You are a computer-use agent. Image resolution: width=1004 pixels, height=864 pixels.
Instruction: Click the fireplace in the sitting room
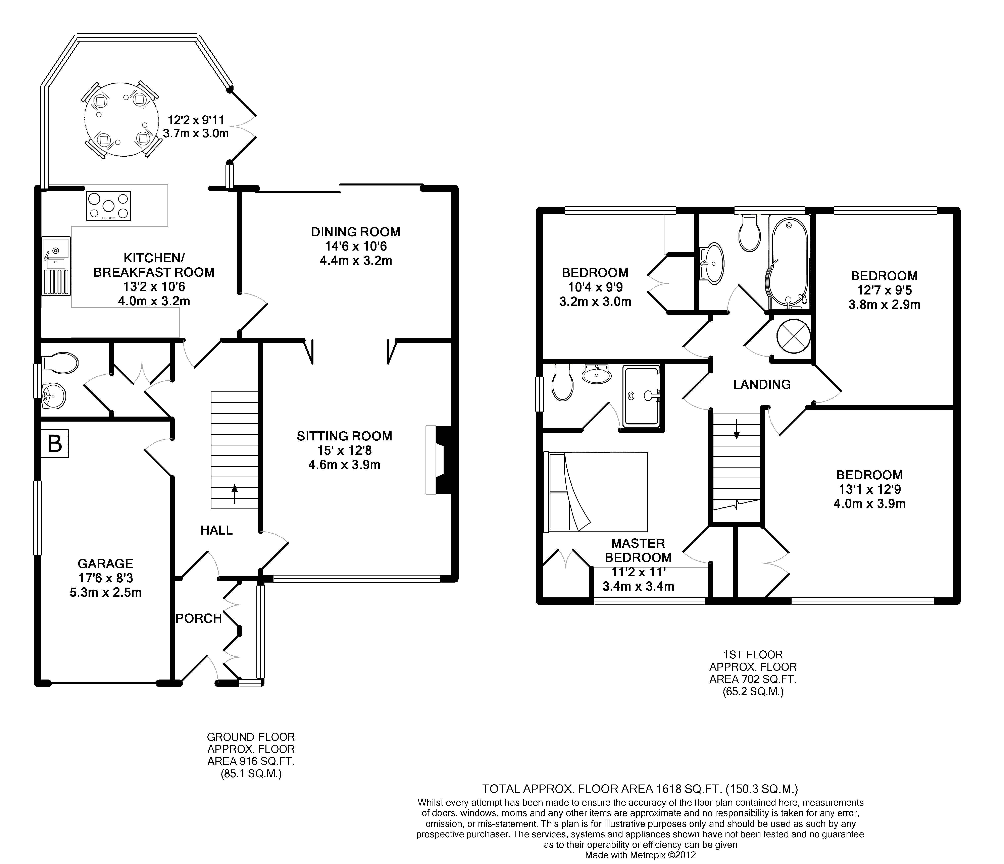click(x=438, y=460)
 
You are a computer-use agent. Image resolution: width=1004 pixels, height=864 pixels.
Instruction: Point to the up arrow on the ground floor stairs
click(x=235, y=494)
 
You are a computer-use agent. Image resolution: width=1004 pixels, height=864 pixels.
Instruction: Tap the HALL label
click(x=217, y=530)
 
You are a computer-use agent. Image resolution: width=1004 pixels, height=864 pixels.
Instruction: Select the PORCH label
click(x=199, y=618)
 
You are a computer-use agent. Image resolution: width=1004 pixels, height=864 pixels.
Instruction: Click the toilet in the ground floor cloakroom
click(x=60, y=363)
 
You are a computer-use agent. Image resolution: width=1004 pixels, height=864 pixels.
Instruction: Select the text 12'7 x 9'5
click(x=884, y=291)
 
